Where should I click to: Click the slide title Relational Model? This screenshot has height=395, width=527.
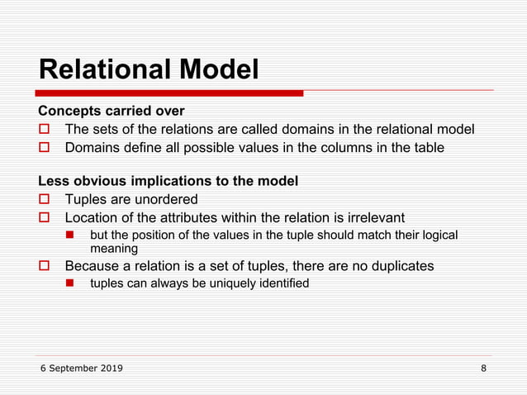click(x=149, y=69)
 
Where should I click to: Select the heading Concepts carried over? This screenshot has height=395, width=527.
click(x=112, y=111)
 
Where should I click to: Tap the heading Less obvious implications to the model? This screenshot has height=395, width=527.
click(x=169, y=181)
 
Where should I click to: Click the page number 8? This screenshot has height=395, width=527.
click(x=483, y=368)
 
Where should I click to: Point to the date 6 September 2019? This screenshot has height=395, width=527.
click(x=82, y=368)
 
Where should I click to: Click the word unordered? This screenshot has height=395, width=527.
click(x=169, y=199)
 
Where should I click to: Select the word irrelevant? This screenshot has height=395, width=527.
click(x=373, y=217)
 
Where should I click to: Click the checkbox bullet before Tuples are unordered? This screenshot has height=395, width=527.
click(x=45, y=200)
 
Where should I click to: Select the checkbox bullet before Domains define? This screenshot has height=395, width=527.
click(x=45, y=149)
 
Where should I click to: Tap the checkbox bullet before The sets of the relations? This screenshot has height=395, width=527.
click(x=45, y=130)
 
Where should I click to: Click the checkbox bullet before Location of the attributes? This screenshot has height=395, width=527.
click(x=45, y=218)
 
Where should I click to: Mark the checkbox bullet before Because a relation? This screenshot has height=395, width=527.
click(x=45, y=267)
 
